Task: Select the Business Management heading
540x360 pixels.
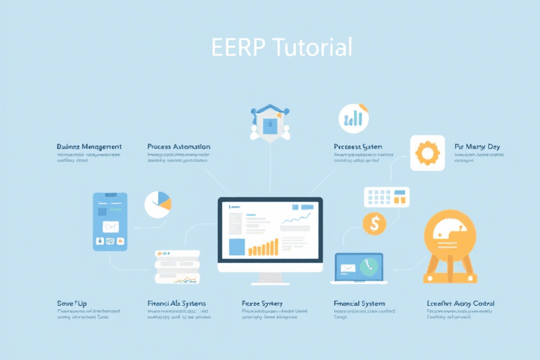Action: click(89, 146)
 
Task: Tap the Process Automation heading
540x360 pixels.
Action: click(179, 146)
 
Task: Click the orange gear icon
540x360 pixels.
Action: click(427, 153)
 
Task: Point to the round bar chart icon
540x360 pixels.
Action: click(353, 117)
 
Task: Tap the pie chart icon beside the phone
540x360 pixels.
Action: click(158, 205)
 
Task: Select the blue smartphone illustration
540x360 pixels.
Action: click(110, 221)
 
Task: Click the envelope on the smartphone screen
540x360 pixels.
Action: click(110, 227)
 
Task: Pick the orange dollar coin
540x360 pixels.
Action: click(374, 224)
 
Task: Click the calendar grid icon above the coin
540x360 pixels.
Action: click(386, 197)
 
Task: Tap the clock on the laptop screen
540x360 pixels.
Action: click(368, 266)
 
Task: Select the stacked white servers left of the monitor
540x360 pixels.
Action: click(177, 267)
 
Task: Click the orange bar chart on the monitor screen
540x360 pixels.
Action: click(263, 247)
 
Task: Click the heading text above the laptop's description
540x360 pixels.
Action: click(359, 304)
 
